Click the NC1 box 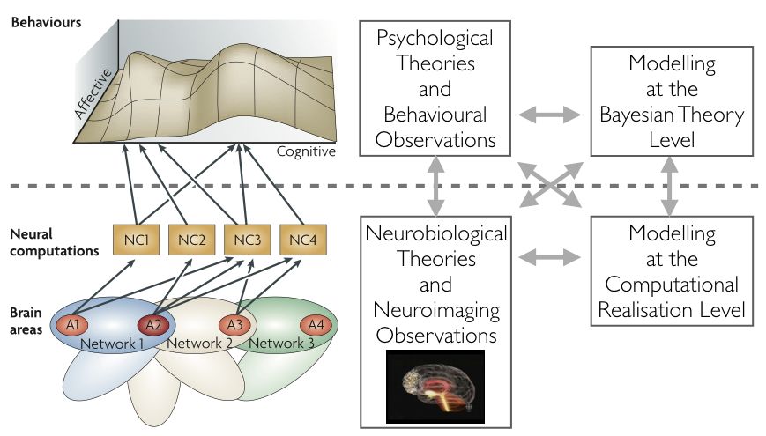coord(134,238)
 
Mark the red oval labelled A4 coord(316,323)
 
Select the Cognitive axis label coord(306,151)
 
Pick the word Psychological coord(435,38)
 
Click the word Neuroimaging coord(436,310)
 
